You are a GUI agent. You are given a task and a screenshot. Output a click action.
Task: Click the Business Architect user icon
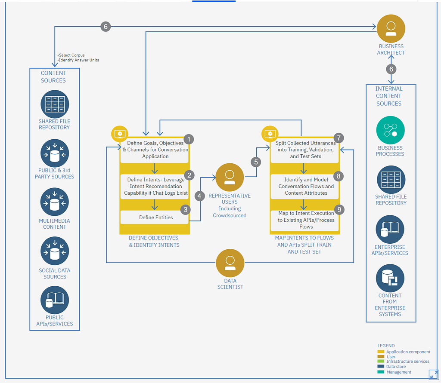tap(391, 29)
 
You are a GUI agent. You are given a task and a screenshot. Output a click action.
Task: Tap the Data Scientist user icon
tap(230, 263)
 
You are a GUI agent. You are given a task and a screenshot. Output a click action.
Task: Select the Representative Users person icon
tap(230, 177)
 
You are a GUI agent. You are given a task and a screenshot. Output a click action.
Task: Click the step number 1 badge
tap(189, 139)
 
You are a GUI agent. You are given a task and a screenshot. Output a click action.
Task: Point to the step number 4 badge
tap(199, 196)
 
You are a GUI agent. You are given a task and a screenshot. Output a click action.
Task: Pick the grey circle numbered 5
tap(256, 162)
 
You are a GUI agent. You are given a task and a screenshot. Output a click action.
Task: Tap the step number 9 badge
tap(339, 209)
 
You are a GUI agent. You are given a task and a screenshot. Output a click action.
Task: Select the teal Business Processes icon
tap(390, 130)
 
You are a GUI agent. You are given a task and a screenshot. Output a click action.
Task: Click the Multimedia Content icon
tap(55, 202)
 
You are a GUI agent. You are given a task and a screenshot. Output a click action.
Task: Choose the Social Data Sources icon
tap(55, 251)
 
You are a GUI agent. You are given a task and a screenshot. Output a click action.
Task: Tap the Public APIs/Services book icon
tap(55, 300)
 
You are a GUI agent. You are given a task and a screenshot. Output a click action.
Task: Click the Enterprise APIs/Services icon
tap(390, 229)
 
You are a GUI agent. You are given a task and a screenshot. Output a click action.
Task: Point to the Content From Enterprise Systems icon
tap(390, 278)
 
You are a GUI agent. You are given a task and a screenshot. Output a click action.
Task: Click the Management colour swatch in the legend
tap(381, 372)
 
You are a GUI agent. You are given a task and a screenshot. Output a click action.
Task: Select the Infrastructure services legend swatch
tap(381, 362)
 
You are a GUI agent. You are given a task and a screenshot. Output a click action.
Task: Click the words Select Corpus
tap(72, 55)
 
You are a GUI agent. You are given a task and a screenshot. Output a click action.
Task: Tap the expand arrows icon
tap(434, 374)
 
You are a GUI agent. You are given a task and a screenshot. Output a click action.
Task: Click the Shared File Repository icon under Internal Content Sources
tap(391, 180)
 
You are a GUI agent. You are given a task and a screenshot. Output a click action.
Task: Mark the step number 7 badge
tap(339, 138)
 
